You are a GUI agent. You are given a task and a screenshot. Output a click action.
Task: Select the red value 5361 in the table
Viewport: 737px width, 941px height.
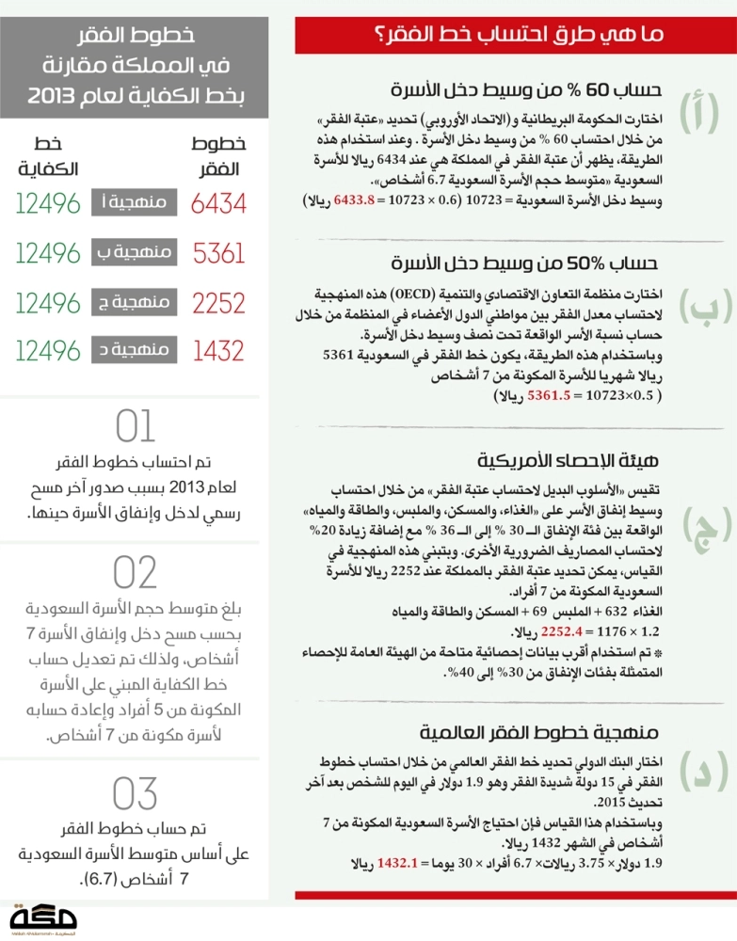(219, 253)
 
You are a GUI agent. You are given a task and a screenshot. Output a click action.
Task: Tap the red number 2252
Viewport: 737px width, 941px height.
(219, 303)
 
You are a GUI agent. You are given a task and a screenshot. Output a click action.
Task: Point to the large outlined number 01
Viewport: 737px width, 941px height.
(135, 427)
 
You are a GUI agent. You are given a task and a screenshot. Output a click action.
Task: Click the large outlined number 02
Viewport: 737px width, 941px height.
(135, 572)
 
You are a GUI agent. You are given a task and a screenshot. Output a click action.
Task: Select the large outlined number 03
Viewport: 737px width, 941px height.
(135, 793)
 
